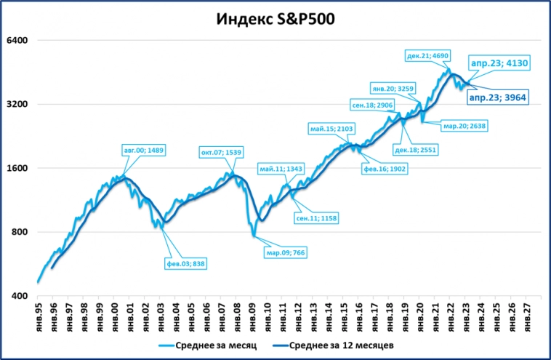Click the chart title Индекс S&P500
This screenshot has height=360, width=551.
(275, 19)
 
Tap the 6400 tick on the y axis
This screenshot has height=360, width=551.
(17, 40)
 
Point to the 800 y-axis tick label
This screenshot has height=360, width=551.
(20, 232)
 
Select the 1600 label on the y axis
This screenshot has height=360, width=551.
(17, 168)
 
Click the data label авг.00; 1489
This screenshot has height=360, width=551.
(144, 150)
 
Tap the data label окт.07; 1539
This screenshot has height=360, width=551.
(221, 152)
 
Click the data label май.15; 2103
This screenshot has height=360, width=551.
(331, 129)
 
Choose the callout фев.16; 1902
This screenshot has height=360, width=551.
(385, 168)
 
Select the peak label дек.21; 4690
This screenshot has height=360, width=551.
(429, 55)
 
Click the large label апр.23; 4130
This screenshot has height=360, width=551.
(498, 63)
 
